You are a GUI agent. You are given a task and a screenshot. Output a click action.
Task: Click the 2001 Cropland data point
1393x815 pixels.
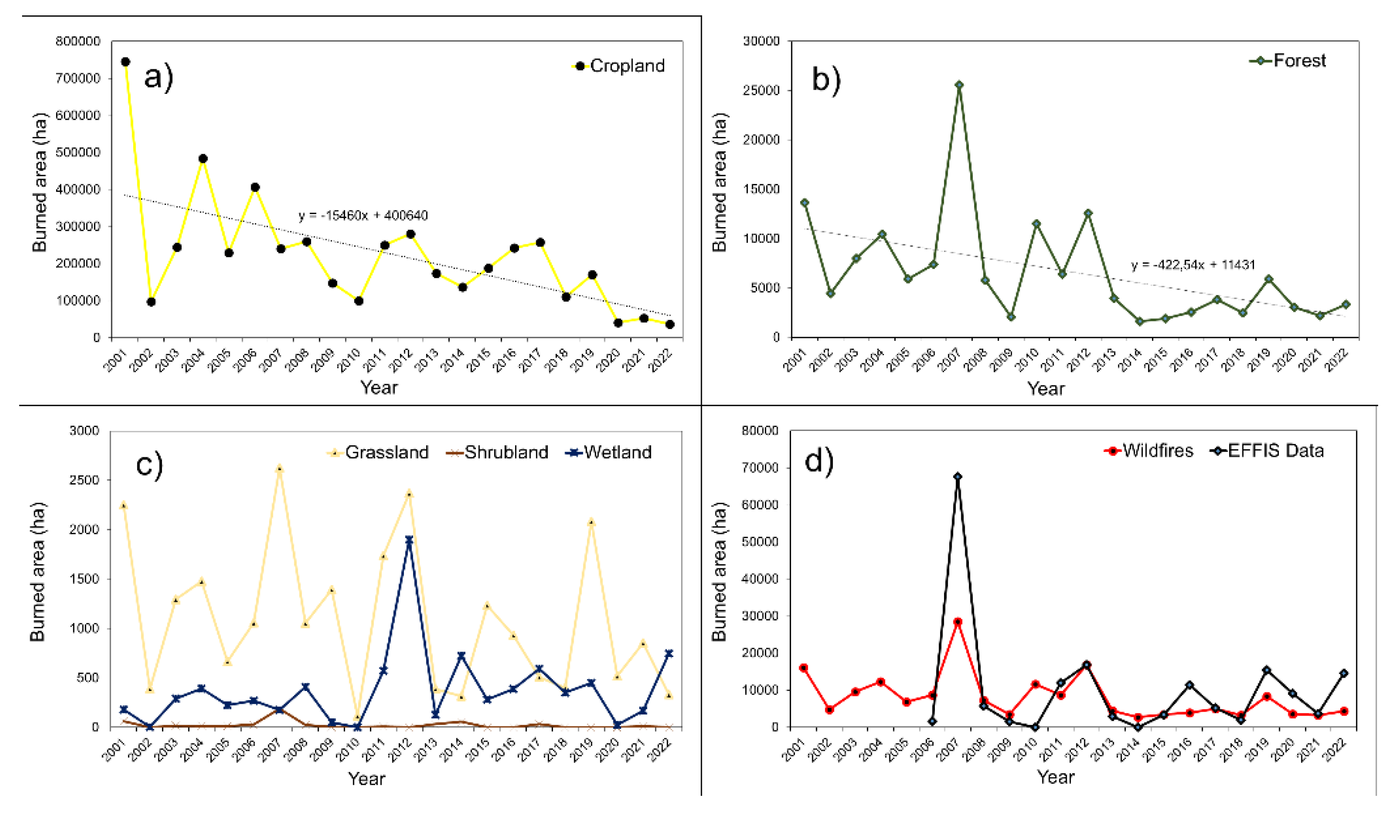point(126,62)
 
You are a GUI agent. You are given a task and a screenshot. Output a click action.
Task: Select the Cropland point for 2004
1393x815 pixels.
point(203,159)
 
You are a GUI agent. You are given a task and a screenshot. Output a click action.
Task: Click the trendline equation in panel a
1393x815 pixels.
point(363,215)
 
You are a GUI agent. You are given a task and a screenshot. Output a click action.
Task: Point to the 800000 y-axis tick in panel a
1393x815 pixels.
point(78,42)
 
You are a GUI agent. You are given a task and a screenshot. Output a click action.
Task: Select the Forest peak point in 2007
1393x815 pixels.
point(959,85)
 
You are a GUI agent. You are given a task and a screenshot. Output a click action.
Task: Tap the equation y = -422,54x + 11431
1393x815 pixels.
point(1193,265)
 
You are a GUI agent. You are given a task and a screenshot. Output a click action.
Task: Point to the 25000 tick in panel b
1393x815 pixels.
point(762,91)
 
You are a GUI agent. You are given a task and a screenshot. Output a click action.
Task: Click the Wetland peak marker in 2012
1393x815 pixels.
point(409,540)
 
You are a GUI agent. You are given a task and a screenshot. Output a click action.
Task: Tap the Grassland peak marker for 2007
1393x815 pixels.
point(280,469)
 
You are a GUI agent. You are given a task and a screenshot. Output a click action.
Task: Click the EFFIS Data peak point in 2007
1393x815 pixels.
point(958,476)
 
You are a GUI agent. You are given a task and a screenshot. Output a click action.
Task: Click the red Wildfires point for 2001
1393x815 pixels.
point(804,668)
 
